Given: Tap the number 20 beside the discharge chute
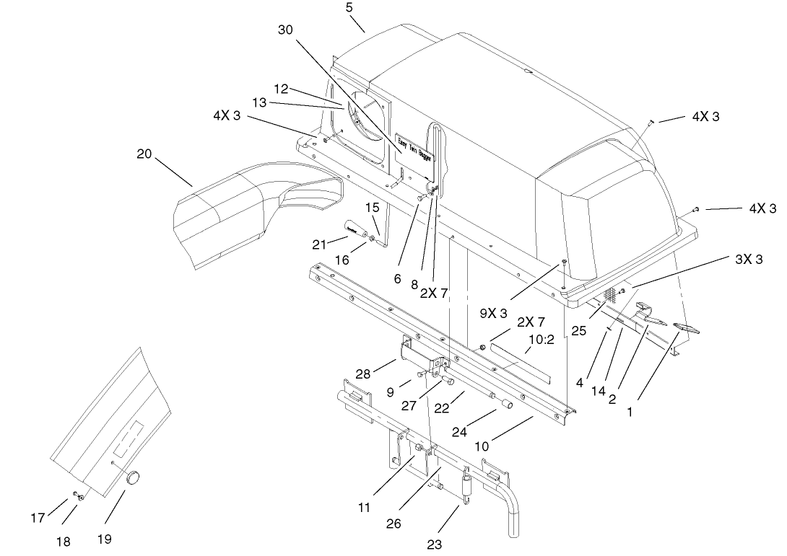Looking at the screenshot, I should pos(144,154).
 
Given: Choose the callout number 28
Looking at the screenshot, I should pos(363,374).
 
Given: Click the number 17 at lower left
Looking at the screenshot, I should pos(38,518).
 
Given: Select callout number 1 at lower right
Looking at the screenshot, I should pos(630,412).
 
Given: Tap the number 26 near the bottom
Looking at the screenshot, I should pos(393,524).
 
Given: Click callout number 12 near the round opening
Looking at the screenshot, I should pos(281,89).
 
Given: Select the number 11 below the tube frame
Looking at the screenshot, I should pos(364,508).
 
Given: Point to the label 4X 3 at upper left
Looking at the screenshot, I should pos(226,116).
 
